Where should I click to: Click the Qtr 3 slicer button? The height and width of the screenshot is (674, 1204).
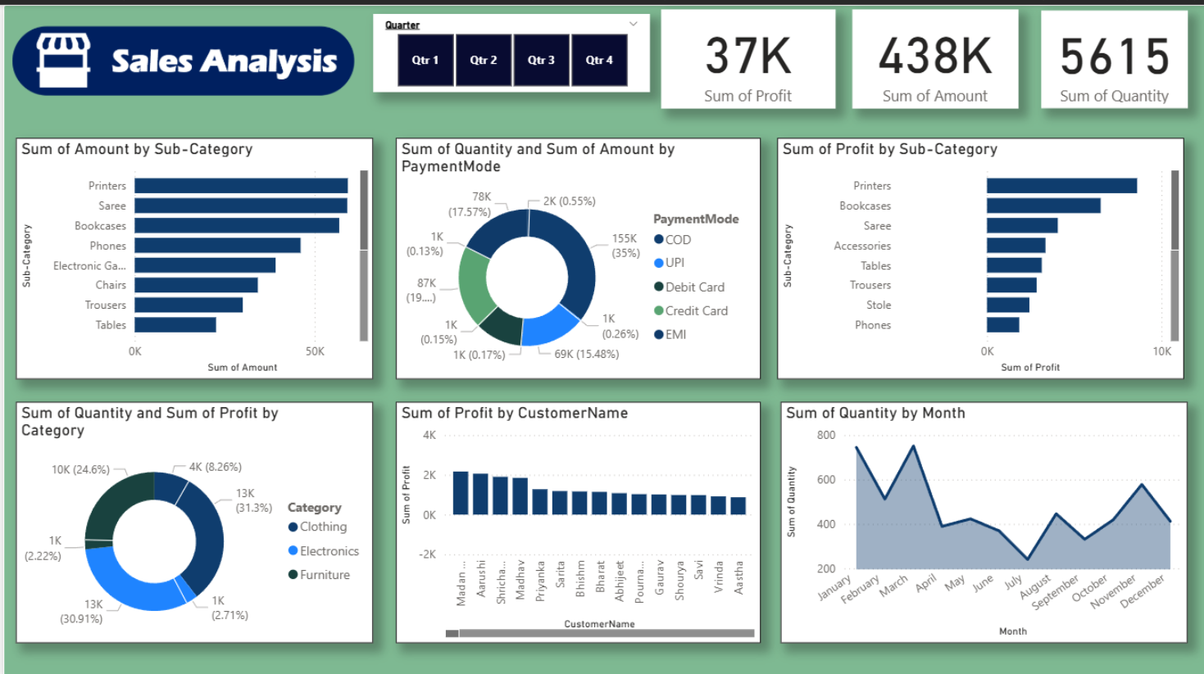541,60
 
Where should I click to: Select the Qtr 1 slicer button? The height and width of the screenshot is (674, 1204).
425,60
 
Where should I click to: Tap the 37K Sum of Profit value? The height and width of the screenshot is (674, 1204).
747,57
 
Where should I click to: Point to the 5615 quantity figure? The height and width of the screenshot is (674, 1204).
1114,57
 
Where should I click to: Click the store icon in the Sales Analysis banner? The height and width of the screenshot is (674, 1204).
63,60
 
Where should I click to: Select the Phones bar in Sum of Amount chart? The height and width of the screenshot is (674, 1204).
217,246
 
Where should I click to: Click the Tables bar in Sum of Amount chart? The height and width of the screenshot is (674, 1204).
175,325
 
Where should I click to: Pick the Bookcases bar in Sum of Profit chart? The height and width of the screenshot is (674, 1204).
1043,206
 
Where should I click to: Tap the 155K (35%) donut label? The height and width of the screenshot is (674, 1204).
625,246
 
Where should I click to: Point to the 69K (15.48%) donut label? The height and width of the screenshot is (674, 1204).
586,355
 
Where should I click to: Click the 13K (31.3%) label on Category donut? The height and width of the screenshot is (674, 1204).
253,500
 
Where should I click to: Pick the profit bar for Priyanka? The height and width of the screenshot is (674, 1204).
540,501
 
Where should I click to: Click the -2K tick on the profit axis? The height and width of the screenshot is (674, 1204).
427,554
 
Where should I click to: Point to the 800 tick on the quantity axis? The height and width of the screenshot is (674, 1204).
825,436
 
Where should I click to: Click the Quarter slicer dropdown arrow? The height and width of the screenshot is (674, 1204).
633,24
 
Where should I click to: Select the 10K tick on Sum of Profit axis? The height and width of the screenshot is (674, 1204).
1161,351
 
